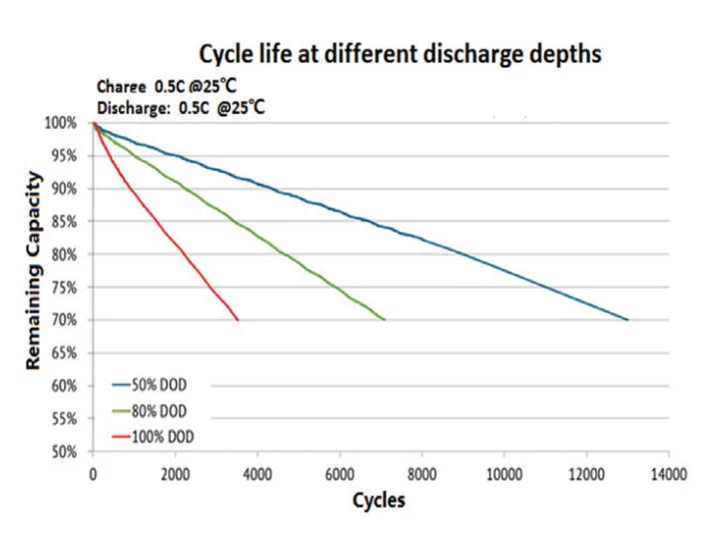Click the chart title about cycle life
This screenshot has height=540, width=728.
coord(399,53)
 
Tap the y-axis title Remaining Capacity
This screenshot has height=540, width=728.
coord(34,270)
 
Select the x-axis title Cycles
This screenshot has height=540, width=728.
coord(379,500)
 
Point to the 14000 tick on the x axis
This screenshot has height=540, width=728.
coord(668,474)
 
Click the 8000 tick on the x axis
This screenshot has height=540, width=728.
coord(421,474)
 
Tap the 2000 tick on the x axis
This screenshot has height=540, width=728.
coord(175,474)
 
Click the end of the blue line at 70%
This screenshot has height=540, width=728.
coord(627,319)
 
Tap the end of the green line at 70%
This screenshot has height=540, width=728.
coord(384,319)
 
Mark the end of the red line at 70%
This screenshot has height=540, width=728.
coord(238,319)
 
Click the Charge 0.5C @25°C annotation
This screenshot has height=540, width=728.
coord(167,86)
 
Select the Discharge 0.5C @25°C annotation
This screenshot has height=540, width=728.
coord(181,106)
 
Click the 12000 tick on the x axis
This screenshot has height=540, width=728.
coord(586,474)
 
